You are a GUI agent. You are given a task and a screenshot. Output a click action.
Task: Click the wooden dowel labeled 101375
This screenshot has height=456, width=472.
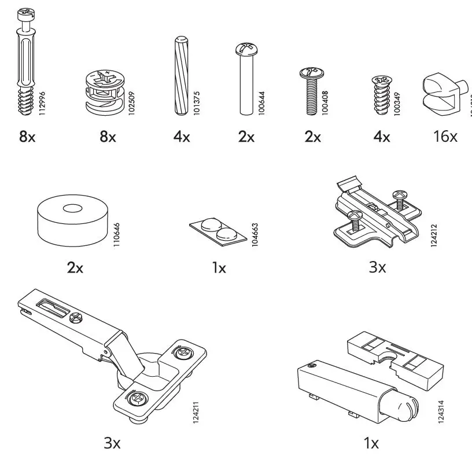pos(179,75)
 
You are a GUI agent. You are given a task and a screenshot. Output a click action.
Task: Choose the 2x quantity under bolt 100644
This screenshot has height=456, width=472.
pos(246,137)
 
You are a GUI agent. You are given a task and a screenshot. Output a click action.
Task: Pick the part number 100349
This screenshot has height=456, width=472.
pos(397,102)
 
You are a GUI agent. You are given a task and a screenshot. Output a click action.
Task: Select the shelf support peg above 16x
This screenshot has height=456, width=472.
pos(441,93)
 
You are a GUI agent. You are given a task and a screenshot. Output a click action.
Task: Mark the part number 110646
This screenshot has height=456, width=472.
pos(117,231)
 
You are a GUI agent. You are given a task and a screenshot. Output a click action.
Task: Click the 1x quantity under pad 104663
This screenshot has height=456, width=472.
pos(219,268)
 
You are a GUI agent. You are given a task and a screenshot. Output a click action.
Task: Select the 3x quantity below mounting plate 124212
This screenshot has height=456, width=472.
pos(377,268)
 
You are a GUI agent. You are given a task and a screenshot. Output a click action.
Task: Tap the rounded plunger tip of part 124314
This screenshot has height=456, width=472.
pos(404,406)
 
